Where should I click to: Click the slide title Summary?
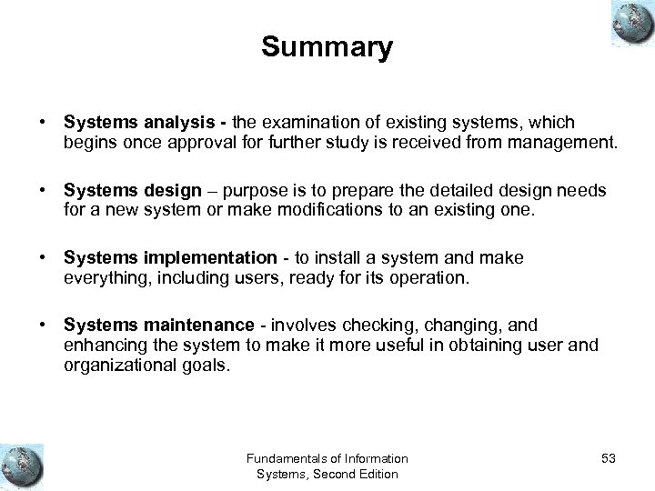pos(327,47)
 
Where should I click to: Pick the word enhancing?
pos(102,345)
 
